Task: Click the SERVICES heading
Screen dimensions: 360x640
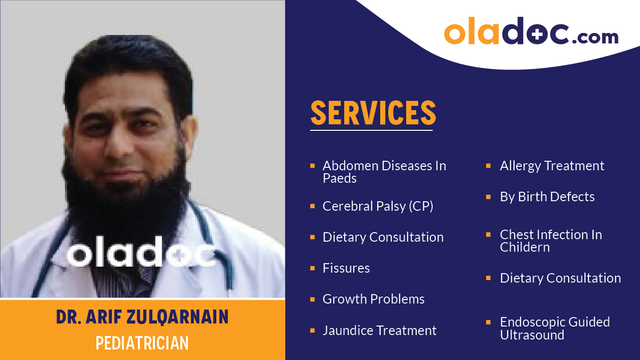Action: point(373,113)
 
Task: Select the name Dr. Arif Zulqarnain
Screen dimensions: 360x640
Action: point(142,317)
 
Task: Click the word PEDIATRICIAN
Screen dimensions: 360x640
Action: point(142,343)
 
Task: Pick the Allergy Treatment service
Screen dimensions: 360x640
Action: point(552,166)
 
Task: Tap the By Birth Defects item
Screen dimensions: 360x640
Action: point(547,197)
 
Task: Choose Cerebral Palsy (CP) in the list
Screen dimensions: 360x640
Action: point(378,206)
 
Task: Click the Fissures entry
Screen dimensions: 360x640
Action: point(346,268)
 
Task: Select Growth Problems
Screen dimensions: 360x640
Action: point(374,299)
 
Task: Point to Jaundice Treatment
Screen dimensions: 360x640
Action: point(380,331)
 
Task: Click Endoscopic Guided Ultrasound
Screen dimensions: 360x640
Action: point(555,329)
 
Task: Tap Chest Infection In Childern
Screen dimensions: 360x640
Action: point(551,241)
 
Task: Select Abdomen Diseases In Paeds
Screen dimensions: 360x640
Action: point(384,172)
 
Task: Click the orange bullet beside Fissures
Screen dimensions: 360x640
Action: point(312,268)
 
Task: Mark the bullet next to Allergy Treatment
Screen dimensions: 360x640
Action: point(489,165)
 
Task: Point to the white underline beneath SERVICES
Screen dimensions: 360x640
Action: point(371,130)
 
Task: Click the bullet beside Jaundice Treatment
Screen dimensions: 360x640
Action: point(312,330)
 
